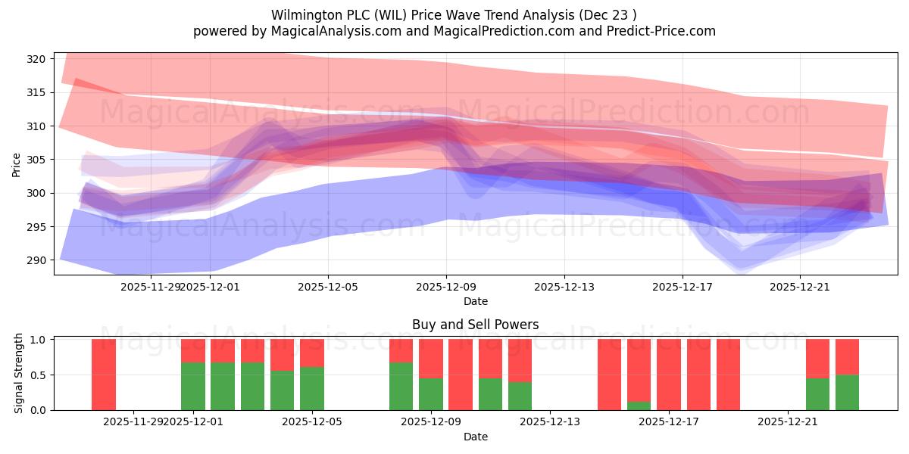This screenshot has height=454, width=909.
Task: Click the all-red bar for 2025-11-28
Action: [x=104, y=375]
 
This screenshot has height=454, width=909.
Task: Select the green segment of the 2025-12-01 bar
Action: [x=193, y=386]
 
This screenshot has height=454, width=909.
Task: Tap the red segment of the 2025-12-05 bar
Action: [x=312, y=353]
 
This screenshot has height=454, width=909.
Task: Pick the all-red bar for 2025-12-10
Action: [x=461, y=375]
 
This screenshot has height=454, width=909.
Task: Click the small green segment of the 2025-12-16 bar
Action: [x=639, y=406]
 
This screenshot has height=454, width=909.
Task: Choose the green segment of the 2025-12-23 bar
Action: [x=847, y=392]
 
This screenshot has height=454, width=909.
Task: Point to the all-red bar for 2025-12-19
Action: [x=728, y=375]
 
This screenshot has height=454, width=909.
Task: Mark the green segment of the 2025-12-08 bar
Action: [x=401, y=386]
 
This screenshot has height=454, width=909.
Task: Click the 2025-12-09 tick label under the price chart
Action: [x=446, y=287]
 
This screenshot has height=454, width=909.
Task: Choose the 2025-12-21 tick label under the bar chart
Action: [x=788, y=422]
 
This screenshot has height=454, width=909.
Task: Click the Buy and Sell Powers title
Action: [x=476, y=325]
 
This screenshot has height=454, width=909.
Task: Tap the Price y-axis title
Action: [x=17, y=163]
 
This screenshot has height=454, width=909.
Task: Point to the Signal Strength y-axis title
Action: [x=18, y=374]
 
